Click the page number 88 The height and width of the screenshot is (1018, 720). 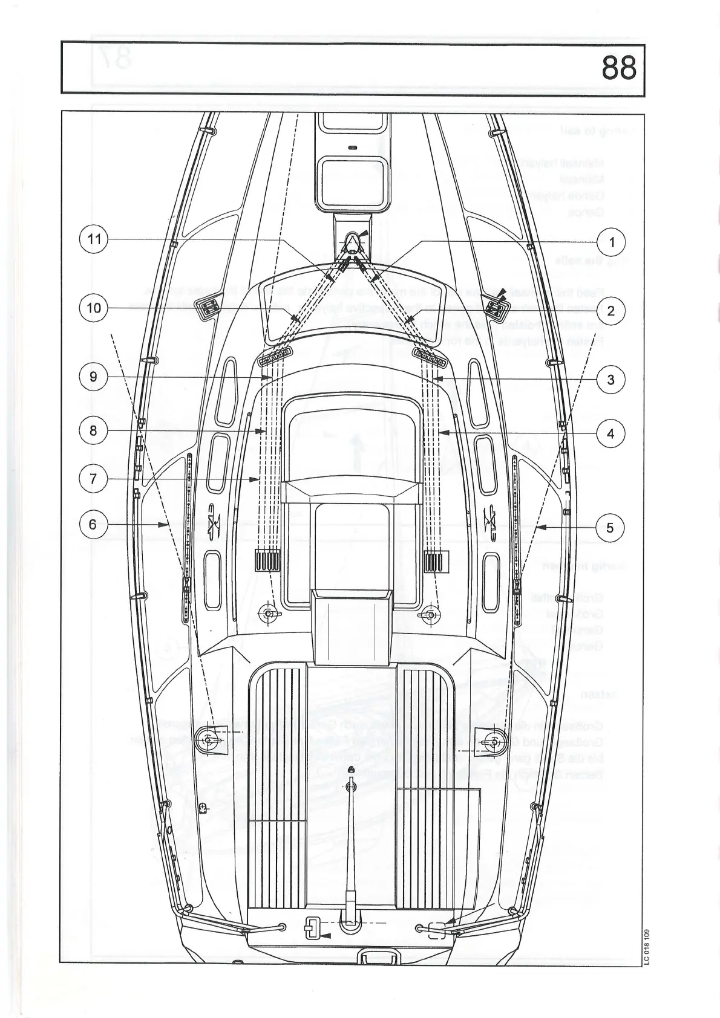(x=619, y=68)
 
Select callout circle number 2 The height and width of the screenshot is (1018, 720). (x=610, y=311)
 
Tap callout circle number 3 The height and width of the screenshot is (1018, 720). (x=610, y=380)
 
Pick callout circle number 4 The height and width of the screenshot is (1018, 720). (x=610, y=433)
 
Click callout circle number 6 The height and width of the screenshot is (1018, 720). (x=93, y=524)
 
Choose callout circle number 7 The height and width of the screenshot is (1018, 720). (x=93, y=479)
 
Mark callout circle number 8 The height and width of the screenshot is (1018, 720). (x=93, y=430)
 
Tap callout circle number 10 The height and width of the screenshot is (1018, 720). (x=93, y=308)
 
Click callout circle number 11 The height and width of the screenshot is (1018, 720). (x=93, y=239)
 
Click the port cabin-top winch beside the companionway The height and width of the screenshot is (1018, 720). (x=269, y=615)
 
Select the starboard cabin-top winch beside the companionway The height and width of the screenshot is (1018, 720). (x=431, y=616)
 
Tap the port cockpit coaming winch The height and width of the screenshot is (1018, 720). (x=209, y=740)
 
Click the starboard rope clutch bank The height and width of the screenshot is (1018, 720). (x=434, y=561)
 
